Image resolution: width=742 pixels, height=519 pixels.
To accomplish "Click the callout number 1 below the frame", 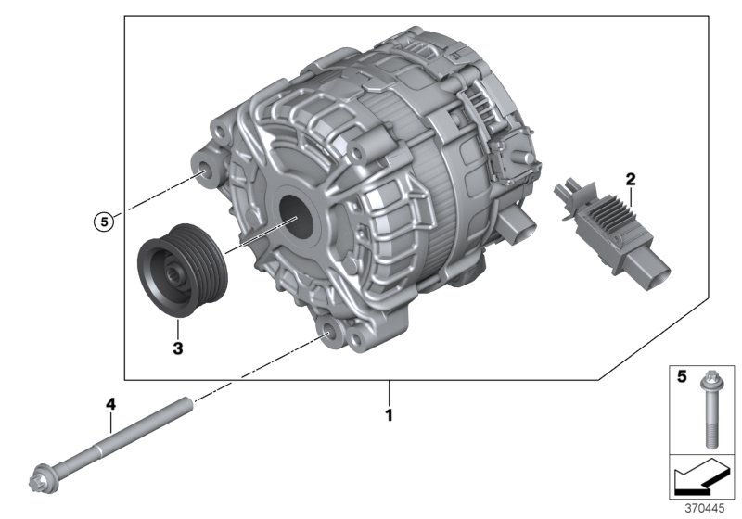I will coord(390,416).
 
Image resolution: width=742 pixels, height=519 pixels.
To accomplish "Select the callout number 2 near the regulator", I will coord(630,177).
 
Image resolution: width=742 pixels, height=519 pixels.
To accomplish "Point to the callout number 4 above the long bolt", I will coord(110,405).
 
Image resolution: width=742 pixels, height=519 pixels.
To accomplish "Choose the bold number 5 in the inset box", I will coord(679,378).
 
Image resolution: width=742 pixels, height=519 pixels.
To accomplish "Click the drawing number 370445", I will coord(706,509).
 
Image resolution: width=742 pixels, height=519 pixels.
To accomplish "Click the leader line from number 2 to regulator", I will coord(631,194).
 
